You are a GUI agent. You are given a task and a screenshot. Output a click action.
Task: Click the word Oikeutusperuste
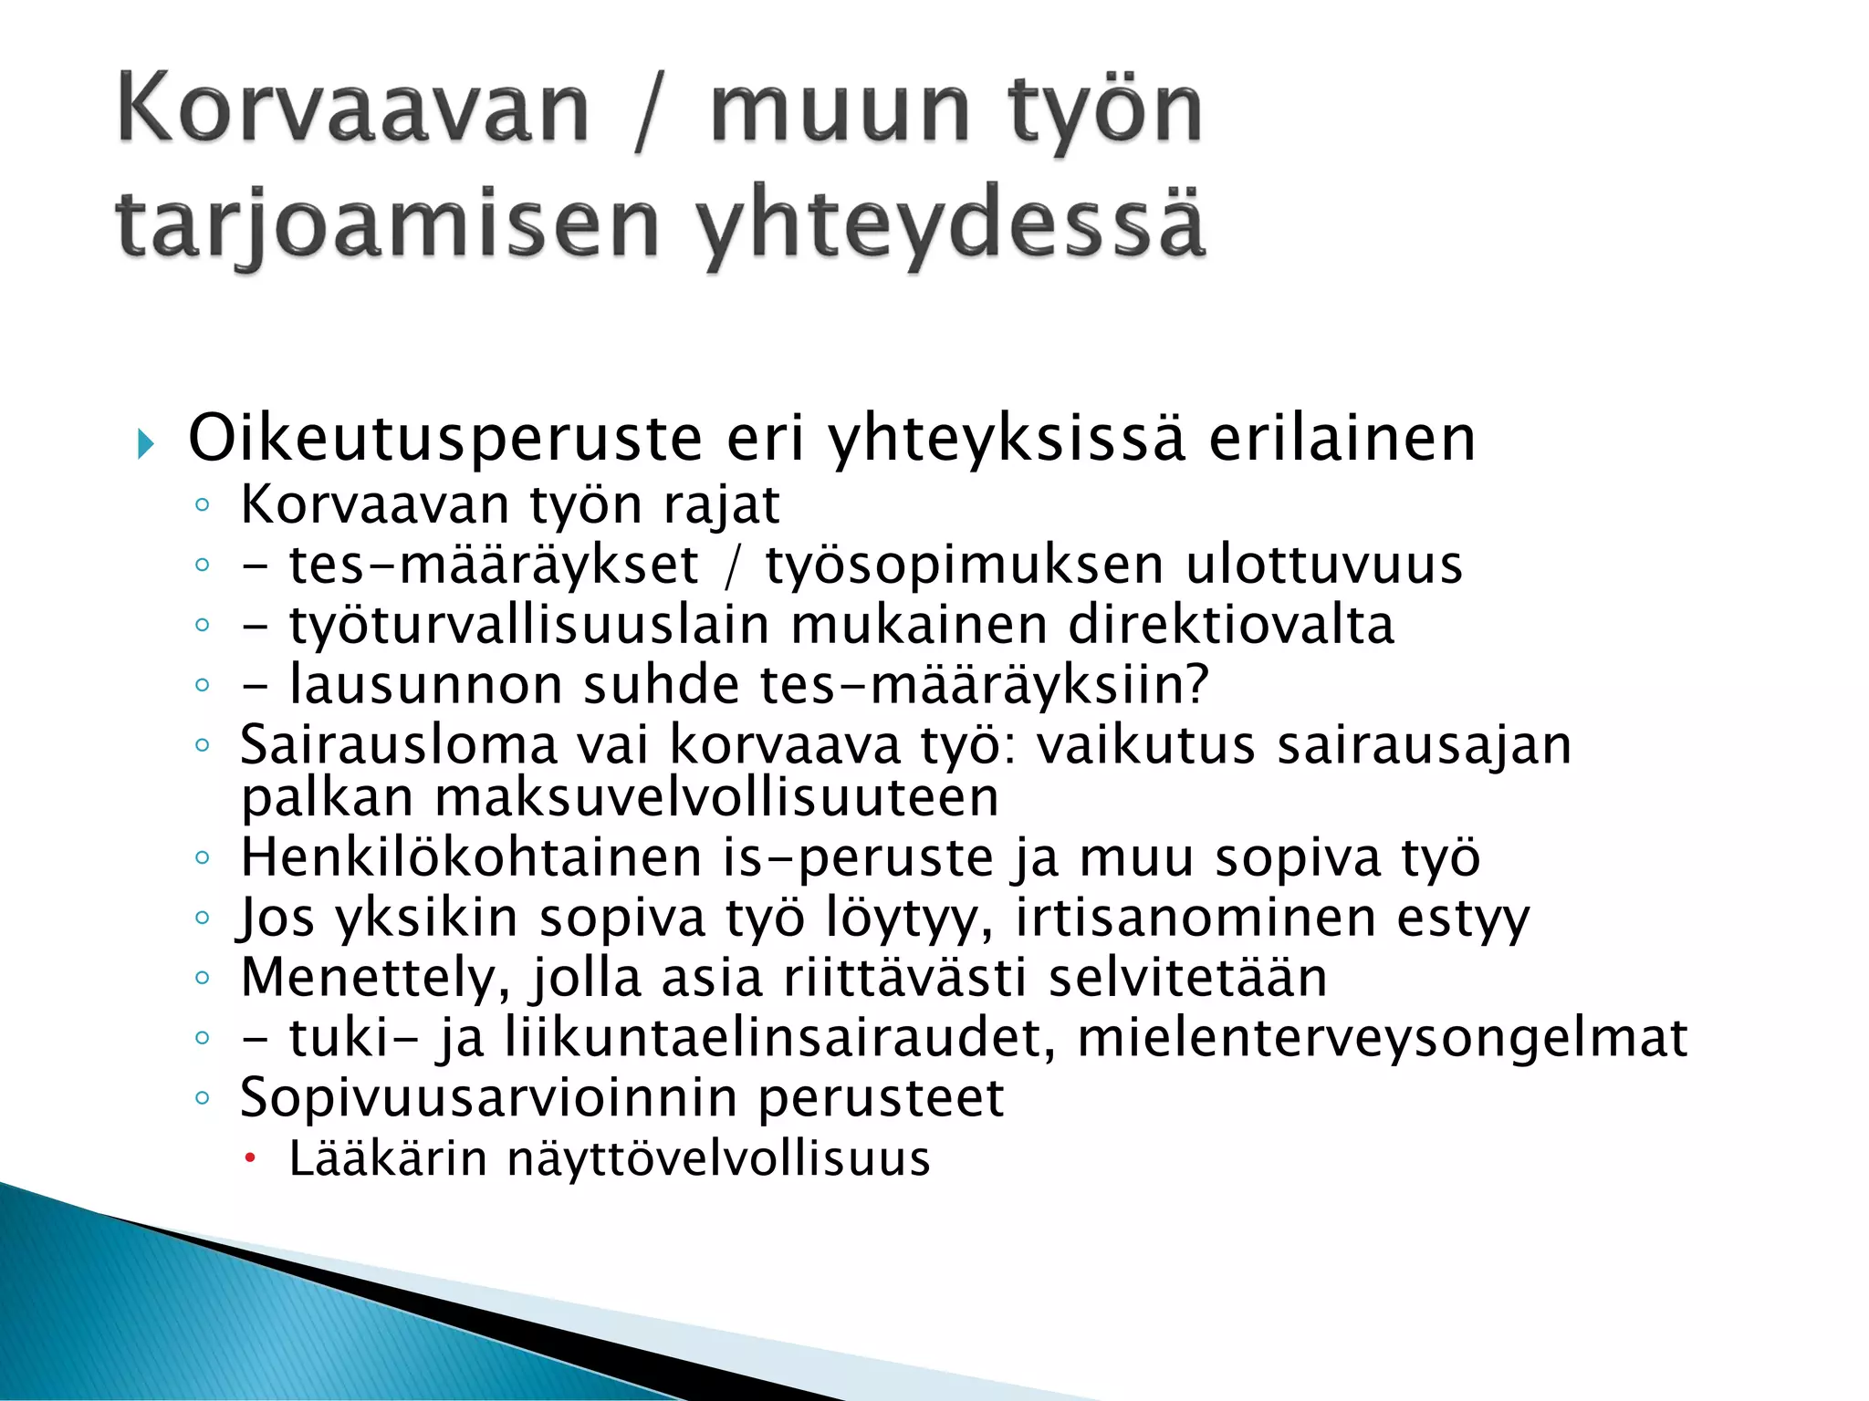[x=445, y=439]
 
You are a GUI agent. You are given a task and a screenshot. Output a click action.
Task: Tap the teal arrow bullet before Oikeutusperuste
[x=146, y=444]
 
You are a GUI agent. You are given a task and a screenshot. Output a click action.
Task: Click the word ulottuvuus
[x=1323, y=565]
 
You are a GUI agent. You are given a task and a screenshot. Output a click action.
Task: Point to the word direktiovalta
[x=1231, y=625]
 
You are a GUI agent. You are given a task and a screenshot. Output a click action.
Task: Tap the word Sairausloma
[x=399, y=745]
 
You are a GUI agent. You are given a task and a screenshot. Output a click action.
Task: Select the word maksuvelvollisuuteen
[x=716, y=798]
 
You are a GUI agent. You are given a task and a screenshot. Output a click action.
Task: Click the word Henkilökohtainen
[x=470, y=857]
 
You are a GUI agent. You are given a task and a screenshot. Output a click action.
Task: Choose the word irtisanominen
[x=1196, y=918]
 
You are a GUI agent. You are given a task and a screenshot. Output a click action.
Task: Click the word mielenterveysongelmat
[x=1382, y=1038]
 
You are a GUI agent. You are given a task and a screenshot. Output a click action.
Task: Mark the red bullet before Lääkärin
[x=251, y=1158]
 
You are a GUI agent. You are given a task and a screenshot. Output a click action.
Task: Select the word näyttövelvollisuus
[x=718, y=1159]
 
